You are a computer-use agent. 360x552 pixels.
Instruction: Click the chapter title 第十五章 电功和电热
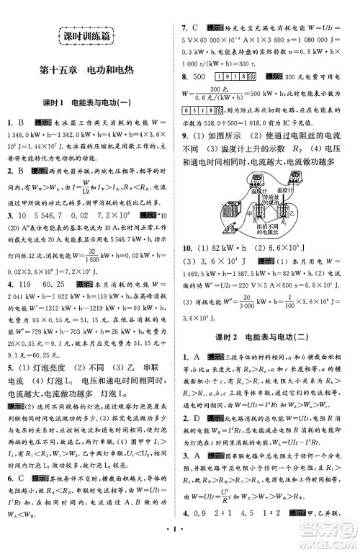tap(88, 71)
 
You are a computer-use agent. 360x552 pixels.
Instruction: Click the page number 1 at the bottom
tap(179, 534)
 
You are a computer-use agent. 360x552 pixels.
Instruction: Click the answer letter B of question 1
tap(23, 123)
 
